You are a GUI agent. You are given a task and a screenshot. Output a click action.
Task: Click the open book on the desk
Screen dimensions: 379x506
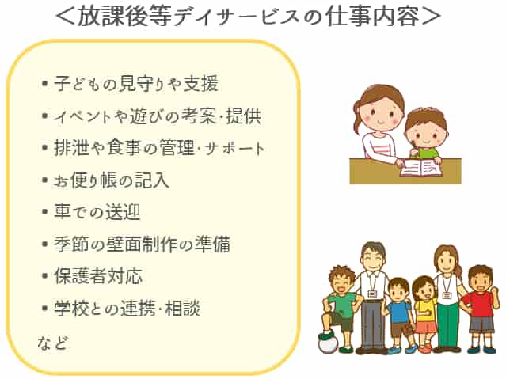point(420,167)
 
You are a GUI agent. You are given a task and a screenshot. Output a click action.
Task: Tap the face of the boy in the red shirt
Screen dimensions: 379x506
point(480,278)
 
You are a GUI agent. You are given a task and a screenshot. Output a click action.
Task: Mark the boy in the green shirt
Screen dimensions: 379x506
point(341,305)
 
